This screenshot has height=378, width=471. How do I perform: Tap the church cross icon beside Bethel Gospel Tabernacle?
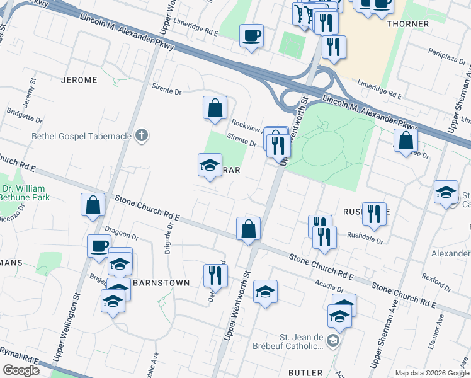(x=142, y=135)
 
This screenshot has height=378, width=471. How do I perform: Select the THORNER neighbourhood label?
(x=426, y=24)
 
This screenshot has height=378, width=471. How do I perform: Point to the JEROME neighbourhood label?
(x=79, y=80)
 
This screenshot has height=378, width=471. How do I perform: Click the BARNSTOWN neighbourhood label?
(x=161, y=283)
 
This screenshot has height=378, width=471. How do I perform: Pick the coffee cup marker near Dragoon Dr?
(x=98, y=246)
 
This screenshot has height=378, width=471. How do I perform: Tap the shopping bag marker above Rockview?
(x=215, y=107)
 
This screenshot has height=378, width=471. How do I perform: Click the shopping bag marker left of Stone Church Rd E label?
(x=93, y=205)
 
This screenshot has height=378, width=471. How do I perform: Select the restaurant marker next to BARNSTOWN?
(x=215, y=275)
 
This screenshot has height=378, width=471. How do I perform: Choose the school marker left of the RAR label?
(x=210, y=166)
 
